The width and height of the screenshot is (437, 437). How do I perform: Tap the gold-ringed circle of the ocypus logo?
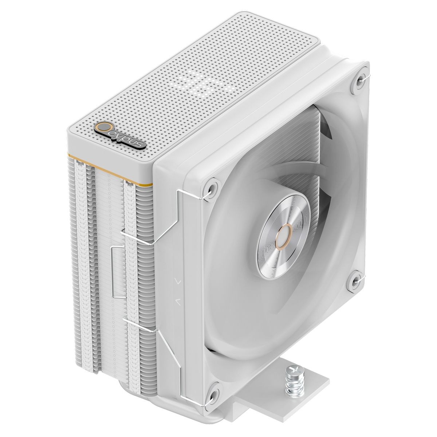pyautogui.click(x=105, y=128)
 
